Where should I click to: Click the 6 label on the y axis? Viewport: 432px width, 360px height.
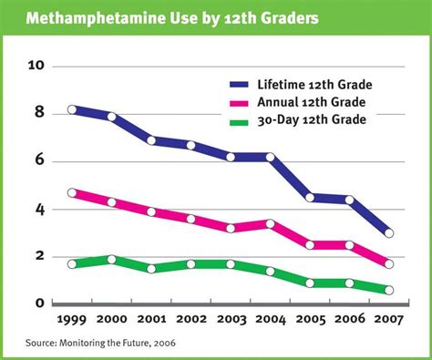(38, 161)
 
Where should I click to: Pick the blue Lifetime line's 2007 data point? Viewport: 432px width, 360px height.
(390, 233)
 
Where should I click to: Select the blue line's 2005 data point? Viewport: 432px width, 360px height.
(311, 197)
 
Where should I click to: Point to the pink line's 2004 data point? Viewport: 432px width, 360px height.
(272, 223)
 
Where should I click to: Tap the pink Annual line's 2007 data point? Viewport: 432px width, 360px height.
(390, 264)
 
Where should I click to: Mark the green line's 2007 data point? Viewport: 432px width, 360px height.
(390, 290)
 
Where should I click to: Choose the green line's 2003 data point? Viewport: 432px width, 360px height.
(231, 264)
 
